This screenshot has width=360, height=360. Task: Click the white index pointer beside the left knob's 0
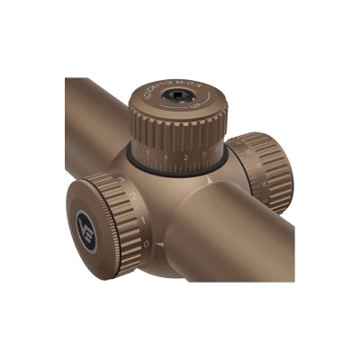(x=158, y=245)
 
